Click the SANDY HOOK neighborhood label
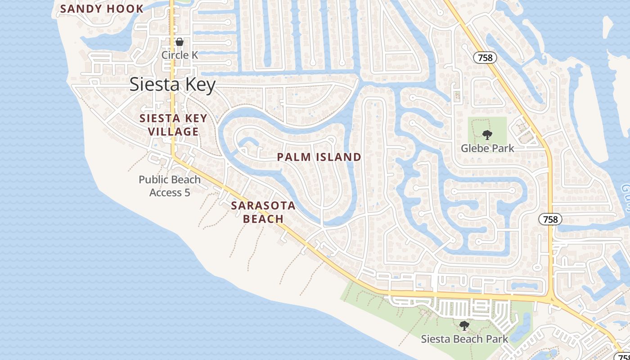tap(102, 9)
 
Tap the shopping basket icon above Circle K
tap(180, 42)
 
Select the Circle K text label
tap(180, 55)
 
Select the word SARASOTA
tap(263, 206)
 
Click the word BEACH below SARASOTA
tap(263, 219)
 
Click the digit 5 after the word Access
tap(187, 193)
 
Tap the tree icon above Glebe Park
tap(487, 135)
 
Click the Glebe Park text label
tap(487, 148)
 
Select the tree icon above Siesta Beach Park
tap(464, 325)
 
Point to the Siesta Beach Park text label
tap(464, 339)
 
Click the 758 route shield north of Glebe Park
tap(485, 58)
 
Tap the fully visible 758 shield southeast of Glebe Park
tap(550, 219)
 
